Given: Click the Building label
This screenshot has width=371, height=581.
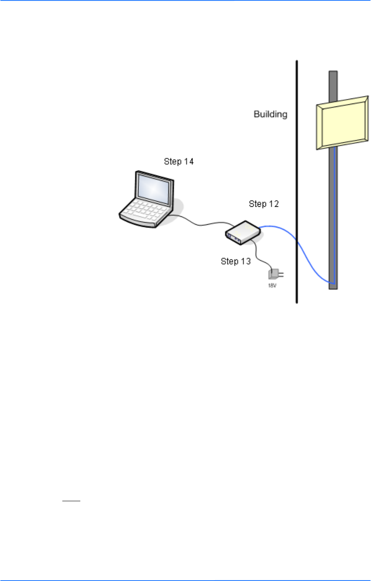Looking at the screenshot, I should pos(271,114).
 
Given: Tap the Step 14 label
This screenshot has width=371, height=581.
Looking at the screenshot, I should pos(179,162).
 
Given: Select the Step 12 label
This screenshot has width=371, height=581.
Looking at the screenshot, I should pos(264,204).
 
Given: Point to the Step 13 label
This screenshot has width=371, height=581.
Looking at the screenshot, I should pos(236,261).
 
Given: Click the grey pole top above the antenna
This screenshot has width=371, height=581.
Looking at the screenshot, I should pos(333,84).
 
